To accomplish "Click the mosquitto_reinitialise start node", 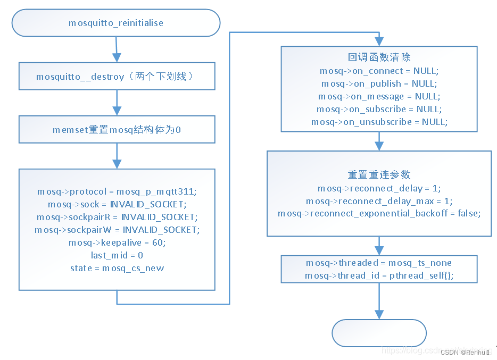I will [x=116, y=23].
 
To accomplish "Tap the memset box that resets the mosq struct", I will [x=117, y=129].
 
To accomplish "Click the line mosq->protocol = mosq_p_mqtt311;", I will [x=117, y=191].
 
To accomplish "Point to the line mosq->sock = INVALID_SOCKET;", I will [x=117, y=204].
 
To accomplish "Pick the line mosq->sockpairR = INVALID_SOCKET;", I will [x=117, y=217].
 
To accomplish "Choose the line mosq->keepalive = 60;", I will [x=117, y=242].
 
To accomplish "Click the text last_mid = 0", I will [x=117, y=255].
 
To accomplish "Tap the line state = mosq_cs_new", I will [x=117, y=268].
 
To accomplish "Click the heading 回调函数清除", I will [x=379, y=57].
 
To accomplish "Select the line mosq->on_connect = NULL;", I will [x=379, y=71].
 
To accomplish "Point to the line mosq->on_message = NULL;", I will [x=379, y=96].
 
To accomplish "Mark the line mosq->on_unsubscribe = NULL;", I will [x=379, y=122].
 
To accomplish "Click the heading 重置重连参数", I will [x=379, y=175].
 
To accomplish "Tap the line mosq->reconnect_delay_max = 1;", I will [x=379, y=201].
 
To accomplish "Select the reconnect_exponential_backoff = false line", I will [x=379, y=214].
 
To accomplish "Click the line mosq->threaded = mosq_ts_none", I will [x=379, y=263].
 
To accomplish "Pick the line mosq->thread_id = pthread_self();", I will [x=379, y=275].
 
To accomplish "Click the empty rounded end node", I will [x=379, y=333].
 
